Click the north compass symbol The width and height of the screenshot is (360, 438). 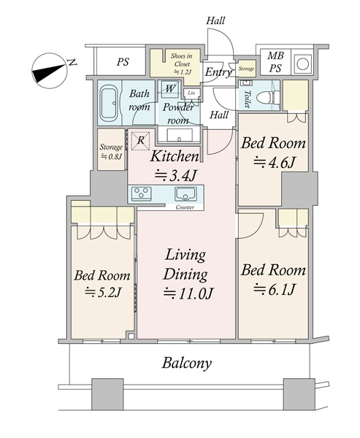50,71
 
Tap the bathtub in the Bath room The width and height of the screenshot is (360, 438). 109,104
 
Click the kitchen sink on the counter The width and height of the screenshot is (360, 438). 186,193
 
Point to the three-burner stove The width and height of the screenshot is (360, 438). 142,193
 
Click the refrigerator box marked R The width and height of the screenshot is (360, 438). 141,140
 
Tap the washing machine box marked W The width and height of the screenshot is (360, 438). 170,88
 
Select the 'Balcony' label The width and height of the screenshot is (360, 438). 187,364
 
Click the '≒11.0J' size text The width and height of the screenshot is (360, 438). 188,293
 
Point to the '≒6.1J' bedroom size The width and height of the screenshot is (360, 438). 274,289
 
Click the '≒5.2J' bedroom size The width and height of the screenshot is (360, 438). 103,293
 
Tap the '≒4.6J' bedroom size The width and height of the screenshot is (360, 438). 275,162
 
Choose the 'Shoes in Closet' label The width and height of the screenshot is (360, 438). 182,60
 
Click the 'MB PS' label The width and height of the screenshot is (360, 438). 275,62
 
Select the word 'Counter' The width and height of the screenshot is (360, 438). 185,207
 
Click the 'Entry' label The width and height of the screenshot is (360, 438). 218,72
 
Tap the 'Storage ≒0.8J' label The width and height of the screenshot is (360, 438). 111,152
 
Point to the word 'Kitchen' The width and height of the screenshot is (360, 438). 175,157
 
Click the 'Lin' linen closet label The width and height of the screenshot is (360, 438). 191,93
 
